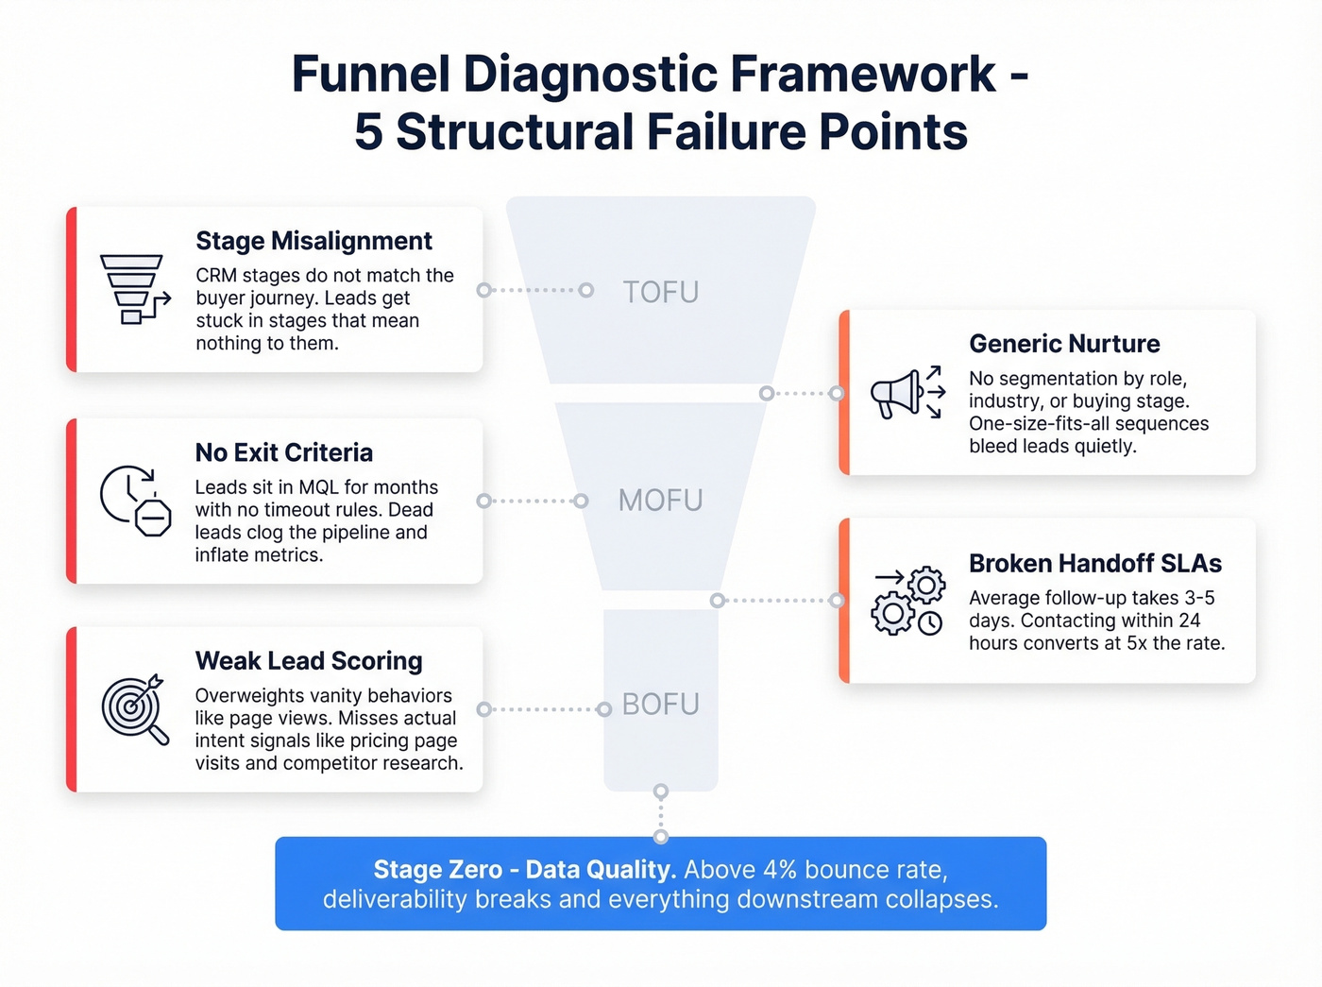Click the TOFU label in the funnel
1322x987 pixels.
tap(660, 293)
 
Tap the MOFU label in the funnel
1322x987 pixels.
tap(660, 501)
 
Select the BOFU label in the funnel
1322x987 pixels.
tap(660, 705)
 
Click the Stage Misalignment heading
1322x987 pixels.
tap(314, 242)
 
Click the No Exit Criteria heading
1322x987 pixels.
tap(283, 453)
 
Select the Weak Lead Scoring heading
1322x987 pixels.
tap(309, 661)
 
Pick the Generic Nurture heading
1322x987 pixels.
tap(1064, 344)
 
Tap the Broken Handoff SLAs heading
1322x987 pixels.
tap(1094, 564)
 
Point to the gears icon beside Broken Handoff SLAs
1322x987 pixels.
tap(907, 601)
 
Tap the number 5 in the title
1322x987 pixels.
tap(368, 132)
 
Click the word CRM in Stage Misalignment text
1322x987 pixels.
tap(216, 276)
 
